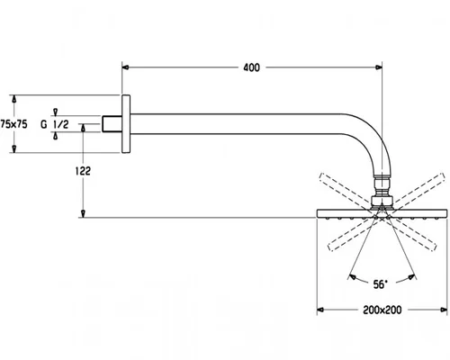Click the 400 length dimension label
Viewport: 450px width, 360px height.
tap(251, 67)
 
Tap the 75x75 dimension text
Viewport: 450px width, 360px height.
tap(13, 124)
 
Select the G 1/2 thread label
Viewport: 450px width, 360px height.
tap(55, 124)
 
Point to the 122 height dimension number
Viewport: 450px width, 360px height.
tap(83, 171)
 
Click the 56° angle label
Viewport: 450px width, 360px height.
tap(381, 284)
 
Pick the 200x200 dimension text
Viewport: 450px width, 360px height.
tap(382, 310)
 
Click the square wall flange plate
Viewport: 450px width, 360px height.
tap(126, 124)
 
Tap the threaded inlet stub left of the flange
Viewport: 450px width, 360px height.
tap(112, 124)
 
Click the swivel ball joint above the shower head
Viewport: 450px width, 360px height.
tap(382, 192)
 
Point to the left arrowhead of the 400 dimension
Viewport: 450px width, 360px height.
tap(125, 67)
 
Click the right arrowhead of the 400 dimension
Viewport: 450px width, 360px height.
tap(379, 67)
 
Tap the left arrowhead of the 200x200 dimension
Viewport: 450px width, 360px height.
tap(320, 310)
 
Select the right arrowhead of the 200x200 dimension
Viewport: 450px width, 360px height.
tap(444, 310)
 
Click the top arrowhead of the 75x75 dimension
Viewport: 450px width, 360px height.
tap(13, 99)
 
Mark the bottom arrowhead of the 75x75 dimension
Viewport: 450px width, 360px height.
tap(13, 148)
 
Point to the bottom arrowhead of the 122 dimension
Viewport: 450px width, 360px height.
tap(83, 213)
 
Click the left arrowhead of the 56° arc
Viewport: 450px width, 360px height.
tap(353, 277)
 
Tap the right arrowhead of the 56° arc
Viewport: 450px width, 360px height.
tap(411, 277)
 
